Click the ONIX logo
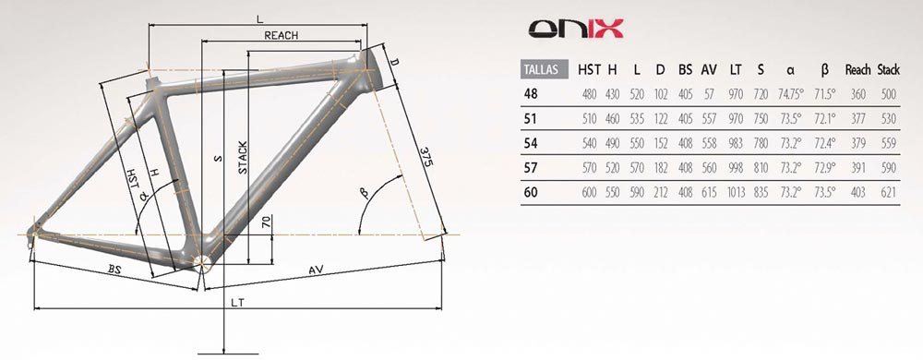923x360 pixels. [575, 29]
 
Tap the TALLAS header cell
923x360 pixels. [545, 69]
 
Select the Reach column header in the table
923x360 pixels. [857, 70]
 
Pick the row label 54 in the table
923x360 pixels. [531, 143]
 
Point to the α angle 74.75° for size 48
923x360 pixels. [791, 94]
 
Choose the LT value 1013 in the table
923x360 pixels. [736, 192]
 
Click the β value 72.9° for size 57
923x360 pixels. [824, 168]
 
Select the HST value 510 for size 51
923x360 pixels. [589, 119]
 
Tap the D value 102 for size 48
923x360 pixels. [661, 94]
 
